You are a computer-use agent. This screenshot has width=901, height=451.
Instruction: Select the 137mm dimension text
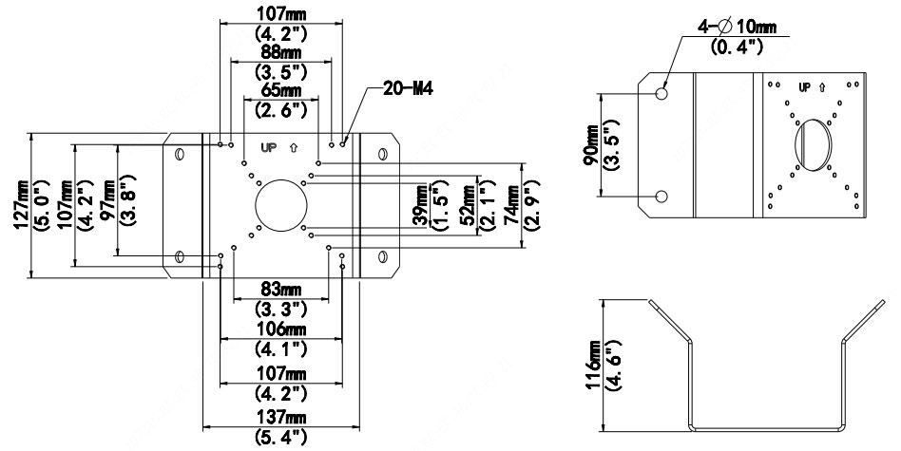[280, 419]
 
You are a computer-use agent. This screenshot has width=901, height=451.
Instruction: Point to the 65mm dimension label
[280, 91]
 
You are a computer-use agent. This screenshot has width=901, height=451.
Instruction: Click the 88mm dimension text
[280, 52]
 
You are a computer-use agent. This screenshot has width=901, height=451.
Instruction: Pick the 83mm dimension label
[280, 289]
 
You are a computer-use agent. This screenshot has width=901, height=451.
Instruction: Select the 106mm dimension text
[280, 328]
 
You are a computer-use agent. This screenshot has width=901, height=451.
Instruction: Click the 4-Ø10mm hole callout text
[737, 27]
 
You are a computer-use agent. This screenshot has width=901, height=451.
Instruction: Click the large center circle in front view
[280, 202]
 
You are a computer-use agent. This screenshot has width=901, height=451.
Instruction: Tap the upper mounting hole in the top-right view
[662, 93]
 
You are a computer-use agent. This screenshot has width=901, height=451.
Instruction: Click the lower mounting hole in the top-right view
[662, 196]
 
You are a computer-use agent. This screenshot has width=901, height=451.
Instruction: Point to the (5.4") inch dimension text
[280, 439]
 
